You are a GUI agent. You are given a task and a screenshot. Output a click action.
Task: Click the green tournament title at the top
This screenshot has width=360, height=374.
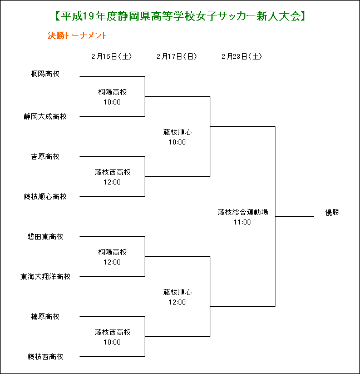(180, 16)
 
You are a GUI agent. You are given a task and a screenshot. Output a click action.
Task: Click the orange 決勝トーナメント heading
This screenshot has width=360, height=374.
(77, 36)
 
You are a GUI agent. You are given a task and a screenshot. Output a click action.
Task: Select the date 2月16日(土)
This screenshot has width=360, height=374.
(111, 57)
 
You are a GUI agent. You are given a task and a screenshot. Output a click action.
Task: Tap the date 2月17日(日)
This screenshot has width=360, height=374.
(177, 57)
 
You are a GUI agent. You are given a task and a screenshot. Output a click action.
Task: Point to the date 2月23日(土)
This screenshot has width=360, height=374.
(241, 57)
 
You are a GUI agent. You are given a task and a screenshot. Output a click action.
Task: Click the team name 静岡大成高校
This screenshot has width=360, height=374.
(45, 117)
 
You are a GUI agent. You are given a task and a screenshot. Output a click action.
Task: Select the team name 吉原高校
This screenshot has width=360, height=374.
(45, 157)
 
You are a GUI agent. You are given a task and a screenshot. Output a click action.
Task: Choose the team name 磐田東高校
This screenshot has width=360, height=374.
(45, 237)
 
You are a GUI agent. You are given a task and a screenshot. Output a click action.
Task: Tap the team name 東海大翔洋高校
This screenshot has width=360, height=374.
(45, 277)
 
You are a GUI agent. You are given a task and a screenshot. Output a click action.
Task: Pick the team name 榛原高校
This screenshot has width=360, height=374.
(45, 317)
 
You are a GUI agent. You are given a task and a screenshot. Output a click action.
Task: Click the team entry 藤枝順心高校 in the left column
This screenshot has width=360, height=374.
(45, 197)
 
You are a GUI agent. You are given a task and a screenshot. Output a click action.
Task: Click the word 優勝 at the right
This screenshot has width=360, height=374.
(332, 212)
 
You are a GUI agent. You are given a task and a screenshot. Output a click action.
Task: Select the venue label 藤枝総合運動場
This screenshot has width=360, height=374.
(243, 212)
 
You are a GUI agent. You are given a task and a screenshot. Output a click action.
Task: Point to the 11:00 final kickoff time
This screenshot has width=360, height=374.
(242, 222)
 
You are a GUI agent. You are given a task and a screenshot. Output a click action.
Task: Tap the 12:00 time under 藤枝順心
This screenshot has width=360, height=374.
(177, 302)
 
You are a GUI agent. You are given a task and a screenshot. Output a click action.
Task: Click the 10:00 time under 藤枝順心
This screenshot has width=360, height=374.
(177, 142)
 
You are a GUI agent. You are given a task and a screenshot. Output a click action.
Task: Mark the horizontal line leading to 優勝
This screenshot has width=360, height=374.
(294, 217)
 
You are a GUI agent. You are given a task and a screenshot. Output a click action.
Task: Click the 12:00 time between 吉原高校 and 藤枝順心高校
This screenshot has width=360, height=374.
(112, 182)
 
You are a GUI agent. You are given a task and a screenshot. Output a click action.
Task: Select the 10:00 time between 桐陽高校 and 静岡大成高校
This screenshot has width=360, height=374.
(112, 102)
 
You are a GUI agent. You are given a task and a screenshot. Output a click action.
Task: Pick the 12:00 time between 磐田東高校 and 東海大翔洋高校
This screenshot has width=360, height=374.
(112, 262)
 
